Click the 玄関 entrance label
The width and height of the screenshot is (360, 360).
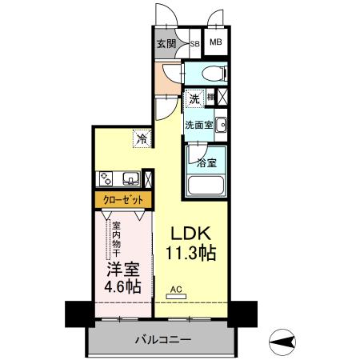pyautogui.click(x=166, y=43)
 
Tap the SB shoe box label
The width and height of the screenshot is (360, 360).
pyautogui.click(x=194, y=43)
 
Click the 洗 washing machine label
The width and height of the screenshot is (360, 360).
pyautogui.click(x=194, y=99)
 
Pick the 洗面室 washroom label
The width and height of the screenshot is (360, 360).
pyautogui.click(x=198, y=125)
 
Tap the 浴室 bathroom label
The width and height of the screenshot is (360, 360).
pyautogui.click(x=206, y=162)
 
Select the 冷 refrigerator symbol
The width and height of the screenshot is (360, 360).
pyautogui.click(x=141, y=138)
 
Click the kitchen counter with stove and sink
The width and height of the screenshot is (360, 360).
pyautogui.click(x=120, y=178)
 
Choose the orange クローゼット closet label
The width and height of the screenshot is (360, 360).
pyautogui.click(x=122, y=199)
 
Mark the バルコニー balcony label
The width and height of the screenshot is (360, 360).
pyautogui.click(x=161, y=340)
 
